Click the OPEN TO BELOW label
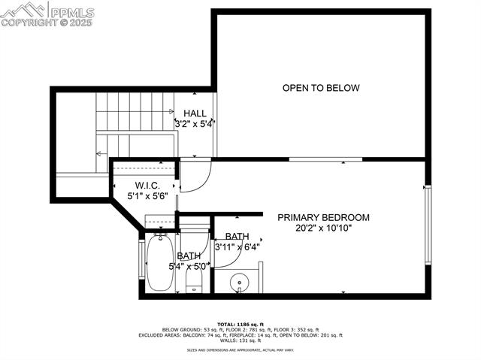click(321, 88)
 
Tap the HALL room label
click(195, 113)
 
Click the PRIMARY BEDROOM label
click(323, 217)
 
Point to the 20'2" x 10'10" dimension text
click(323, 227)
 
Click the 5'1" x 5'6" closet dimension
click(146, 196)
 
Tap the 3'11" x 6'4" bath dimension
click(237, 246)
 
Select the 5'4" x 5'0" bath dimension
click(178, 266)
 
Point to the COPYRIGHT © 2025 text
click(47, 22)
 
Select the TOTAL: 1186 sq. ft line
click(240, 324)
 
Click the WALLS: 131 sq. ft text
click(240, 340)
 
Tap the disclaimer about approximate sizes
click(240, 350)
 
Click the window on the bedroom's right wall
click(428, 225)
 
